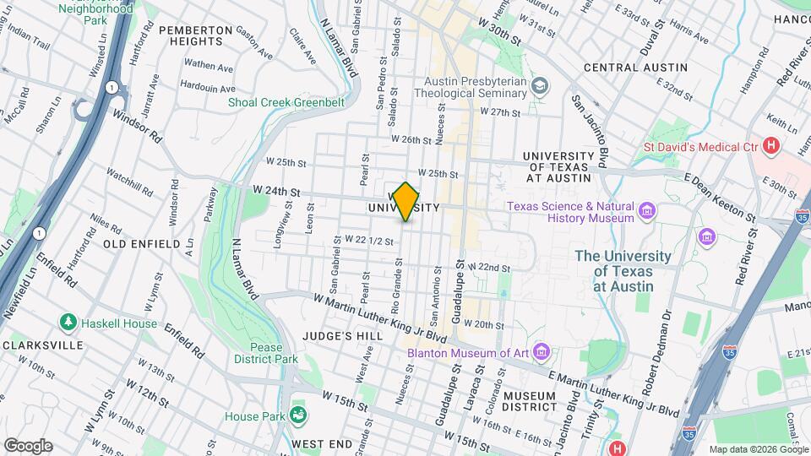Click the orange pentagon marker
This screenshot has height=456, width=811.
(x=406, y=202)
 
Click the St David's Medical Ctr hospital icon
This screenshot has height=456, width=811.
(x=770, y=145)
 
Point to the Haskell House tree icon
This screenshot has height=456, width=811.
(x=68, y=323)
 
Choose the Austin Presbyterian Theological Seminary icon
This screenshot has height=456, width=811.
(x=541, y=86)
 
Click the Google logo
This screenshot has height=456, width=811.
(x=28, y=445)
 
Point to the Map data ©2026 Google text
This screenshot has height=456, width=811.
(x=758, y=449)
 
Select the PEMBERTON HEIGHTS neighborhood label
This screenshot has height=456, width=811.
(x=195, y=35)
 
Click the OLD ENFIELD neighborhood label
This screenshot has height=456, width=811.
(x=142, y=243)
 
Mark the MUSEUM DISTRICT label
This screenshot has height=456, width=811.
(x=529, y=402)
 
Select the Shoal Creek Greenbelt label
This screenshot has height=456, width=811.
(x=286, y=103)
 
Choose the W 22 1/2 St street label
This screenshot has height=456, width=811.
(x=370, y=241)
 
